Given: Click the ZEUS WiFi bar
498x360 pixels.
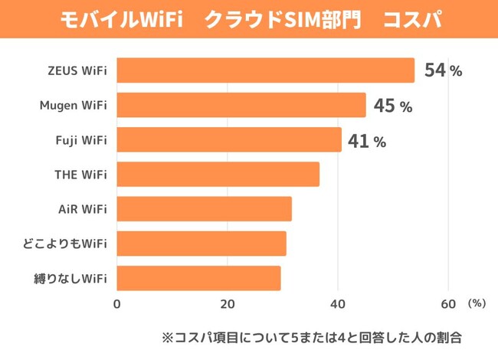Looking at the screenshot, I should pyautogui.click(x=265, y=70).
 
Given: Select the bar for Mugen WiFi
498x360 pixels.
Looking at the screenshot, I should pyautogui.click(x=241, y=105).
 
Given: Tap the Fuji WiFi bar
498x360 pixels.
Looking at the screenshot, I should pyautogui.click(x=229, y=139).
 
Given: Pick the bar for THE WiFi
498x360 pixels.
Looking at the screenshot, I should pyautogui.click(x=218, y=175).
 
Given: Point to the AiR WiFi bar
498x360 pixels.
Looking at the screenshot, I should pyautogui.click(x=205, y=209).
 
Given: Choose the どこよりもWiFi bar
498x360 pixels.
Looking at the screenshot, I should pyautogui.click(x=201, y=244).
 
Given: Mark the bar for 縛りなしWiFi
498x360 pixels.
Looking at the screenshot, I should pyautogui.click(x=198, y=278).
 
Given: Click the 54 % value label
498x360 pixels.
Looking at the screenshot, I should pyautogui.click(x=443, y=71).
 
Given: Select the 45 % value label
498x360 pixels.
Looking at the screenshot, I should pyautogui.click(x=393, y=106).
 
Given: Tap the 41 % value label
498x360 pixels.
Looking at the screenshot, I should pyautogui.click(x=367, y=141).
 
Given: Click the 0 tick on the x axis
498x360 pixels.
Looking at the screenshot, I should pyautogui.click(x=117, y=304).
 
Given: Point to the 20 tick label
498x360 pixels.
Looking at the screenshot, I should pyautogui.click(x=228, y=304).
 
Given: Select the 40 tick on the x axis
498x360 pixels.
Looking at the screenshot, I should pyautogui.click(x=338, y=304).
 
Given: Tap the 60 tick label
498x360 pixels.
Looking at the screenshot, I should pyautogui.click(x=448, y=304).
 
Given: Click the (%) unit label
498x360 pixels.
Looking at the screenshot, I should pyautogui.click(x=477, y=303).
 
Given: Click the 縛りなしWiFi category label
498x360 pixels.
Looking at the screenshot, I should pyautogui.click(x=71, y=278).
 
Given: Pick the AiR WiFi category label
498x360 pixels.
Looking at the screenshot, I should pyautogui.click(x=83, y=209).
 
